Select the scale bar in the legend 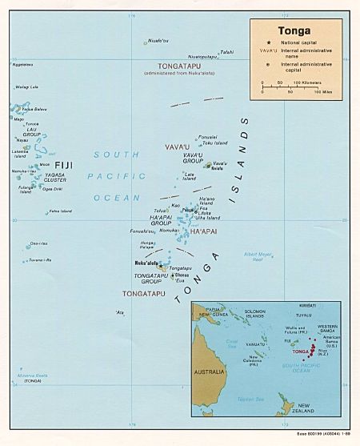[x=291, y=86]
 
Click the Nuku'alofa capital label [x=143, y=262]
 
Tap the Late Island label [x=190, y=176]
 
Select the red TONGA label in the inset [x=302, y=352]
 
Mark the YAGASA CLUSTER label [x=55, y=178]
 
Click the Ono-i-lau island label [x=39, y=243]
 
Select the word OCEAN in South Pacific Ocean [x=110, y=197]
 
